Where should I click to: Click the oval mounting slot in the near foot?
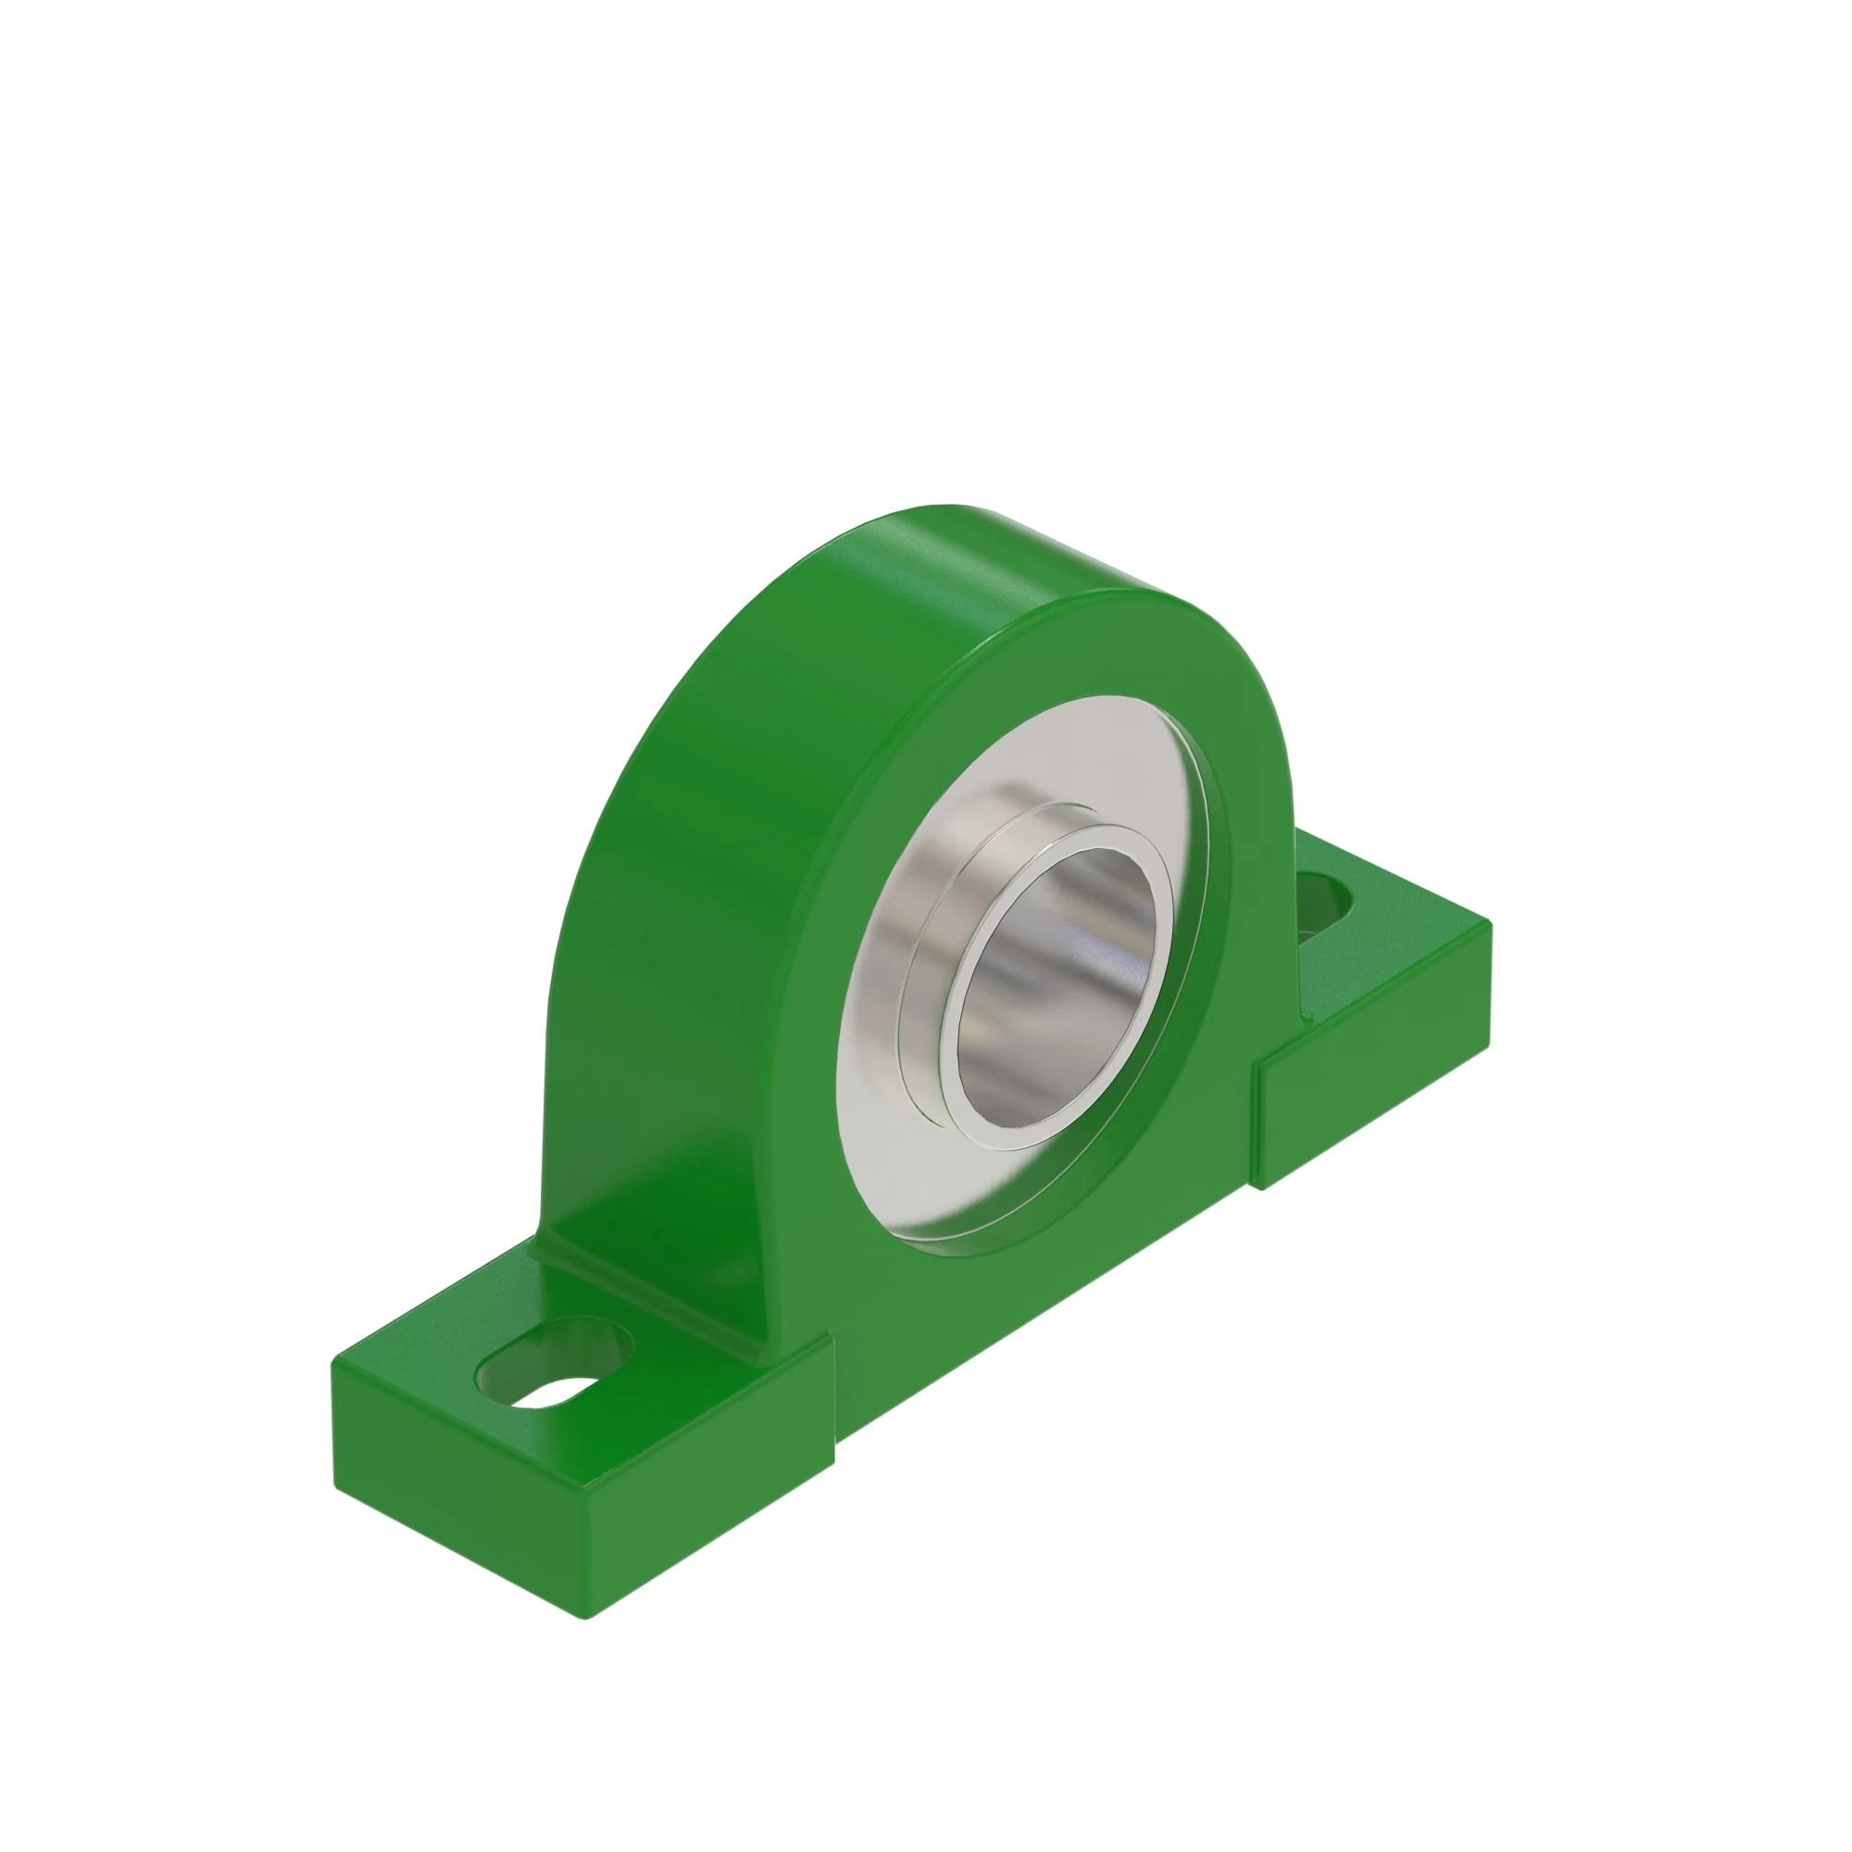tap(555, 1366)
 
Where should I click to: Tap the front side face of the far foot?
tap(1370, 1064)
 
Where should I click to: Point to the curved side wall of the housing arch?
tap(671, 863)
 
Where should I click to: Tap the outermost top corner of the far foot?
tap(1490, 922)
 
